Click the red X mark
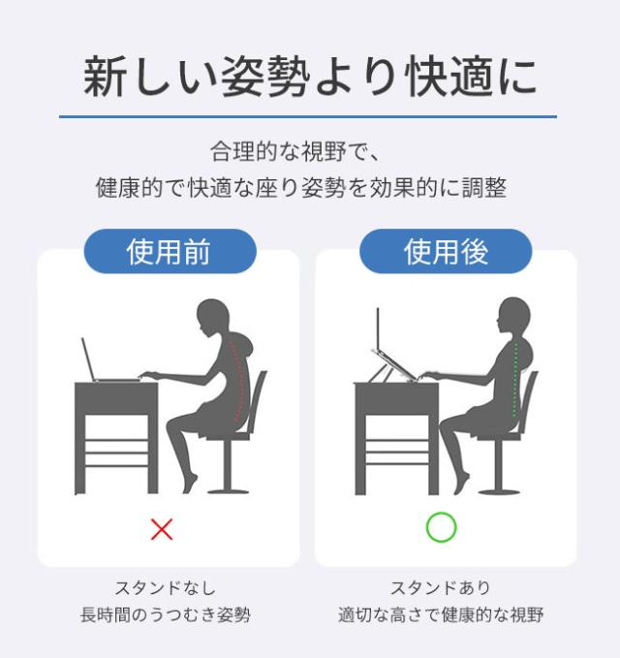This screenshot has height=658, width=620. coord(162,529)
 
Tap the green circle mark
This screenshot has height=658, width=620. coord(442,527)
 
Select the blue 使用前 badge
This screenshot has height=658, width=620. coord(170,251)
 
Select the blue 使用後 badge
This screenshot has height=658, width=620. coord(446,251)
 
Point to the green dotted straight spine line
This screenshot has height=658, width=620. coord(515,379)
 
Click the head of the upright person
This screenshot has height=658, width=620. coord(513,316)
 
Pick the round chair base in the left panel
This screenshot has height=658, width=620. coord(229,490)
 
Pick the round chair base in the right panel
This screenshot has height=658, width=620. coord(499,490)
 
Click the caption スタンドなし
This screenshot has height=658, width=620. coord(166,588)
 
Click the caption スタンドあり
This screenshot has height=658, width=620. coord(441,588)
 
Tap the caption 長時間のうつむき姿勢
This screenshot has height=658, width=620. coord(166,614)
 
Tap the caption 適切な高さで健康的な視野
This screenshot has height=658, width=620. coord(441,614)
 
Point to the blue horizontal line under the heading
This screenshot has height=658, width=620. coord(308,116)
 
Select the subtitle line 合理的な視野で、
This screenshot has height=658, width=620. coord(294,151)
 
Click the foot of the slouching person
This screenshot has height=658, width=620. coord(191,484)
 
